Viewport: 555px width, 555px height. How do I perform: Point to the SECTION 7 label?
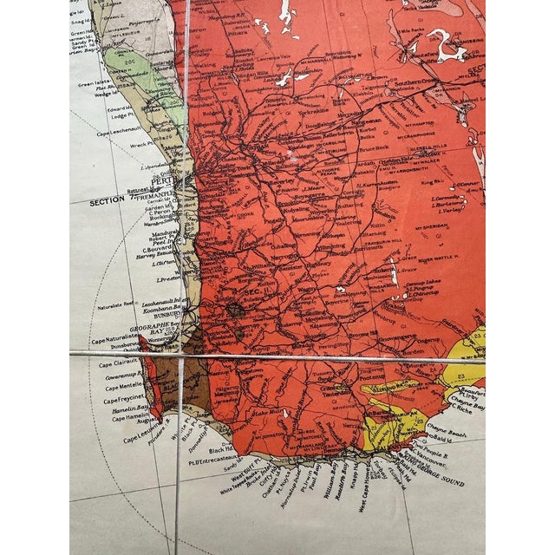coord(112,201)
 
